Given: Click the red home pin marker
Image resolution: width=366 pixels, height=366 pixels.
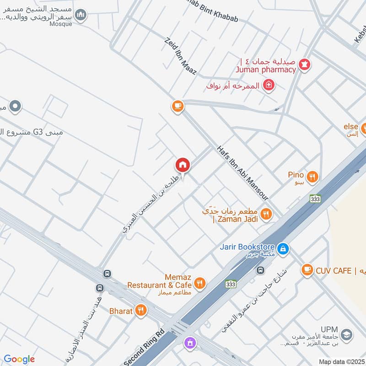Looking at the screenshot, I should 183,165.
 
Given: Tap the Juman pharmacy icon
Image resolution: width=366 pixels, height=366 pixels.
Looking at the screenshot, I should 305,64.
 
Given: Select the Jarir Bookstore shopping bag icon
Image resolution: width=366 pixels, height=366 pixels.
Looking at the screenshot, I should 283,248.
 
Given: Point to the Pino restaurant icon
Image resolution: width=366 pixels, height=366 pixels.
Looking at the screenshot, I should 312,176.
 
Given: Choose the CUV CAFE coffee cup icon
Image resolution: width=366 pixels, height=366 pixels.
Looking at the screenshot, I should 307,270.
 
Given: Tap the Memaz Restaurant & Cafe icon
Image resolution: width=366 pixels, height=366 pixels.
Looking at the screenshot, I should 199,284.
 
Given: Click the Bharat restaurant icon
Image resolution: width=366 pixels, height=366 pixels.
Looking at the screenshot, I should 141,311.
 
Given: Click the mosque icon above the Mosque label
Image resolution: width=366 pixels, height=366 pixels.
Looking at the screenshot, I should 81,15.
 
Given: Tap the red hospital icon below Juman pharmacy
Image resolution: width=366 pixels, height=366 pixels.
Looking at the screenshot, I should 269,85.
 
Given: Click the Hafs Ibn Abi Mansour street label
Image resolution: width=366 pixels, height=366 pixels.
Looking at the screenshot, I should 242,172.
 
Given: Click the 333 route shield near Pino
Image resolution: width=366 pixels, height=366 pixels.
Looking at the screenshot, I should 315,199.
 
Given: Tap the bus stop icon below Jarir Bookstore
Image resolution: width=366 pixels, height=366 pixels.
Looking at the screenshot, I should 261,270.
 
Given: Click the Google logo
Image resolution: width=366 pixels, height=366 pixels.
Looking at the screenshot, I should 19,359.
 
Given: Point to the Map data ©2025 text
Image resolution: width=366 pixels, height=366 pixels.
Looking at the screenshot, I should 341,362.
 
